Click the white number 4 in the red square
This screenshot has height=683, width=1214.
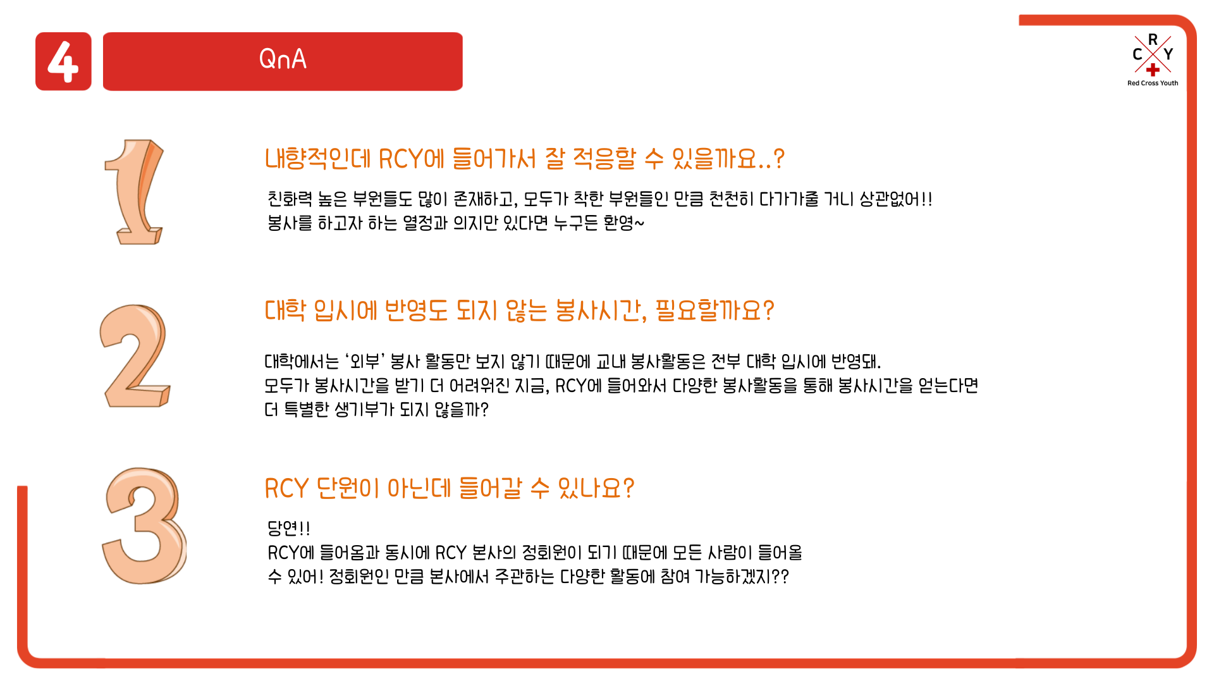point(63,61)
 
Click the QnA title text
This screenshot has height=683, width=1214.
point(283,59)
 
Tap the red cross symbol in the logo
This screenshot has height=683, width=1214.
point(1153,70)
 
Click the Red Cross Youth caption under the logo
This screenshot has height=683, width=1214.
point(1153,83)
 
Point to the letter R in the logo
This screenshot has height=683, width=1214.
point(1153,39)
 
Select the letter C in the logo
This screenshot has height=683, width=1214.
point(1137,54)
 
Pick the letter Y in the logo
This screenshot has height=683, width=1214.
point(1168,54)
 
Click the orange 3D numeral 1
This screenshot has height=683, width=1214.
point(134,192)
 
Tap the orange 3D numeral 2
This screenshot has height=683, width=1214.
point(135,355)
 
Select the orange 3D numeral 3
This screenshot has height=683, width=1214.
point(144,526)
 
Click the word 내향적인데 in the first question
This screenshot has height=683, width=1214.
point(317,158)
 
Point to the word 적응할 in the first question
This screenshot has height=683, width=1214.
point(604,158)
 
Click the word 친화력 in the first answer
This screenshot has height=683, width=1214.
point(290,199)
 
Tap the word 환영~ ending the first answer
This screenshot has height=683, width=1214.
point(623,223)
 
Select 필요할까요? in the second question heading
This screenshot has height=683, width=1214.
point(714,310)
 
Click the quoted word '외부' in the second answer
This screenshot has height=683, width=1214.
point(365,361)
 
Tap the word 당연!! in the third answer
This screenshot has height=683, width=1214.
point(288,528)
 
